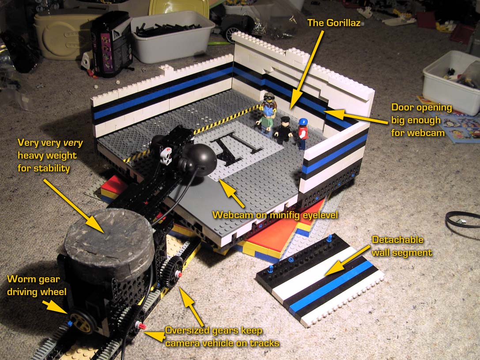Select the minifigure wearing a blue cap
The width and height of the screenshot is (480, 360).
pos(302,133)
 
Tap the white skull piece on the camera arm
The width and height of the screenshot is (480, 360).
pos(166,156)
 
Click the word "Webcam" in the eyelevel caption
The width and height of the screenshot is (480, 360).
pos(230,215)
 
